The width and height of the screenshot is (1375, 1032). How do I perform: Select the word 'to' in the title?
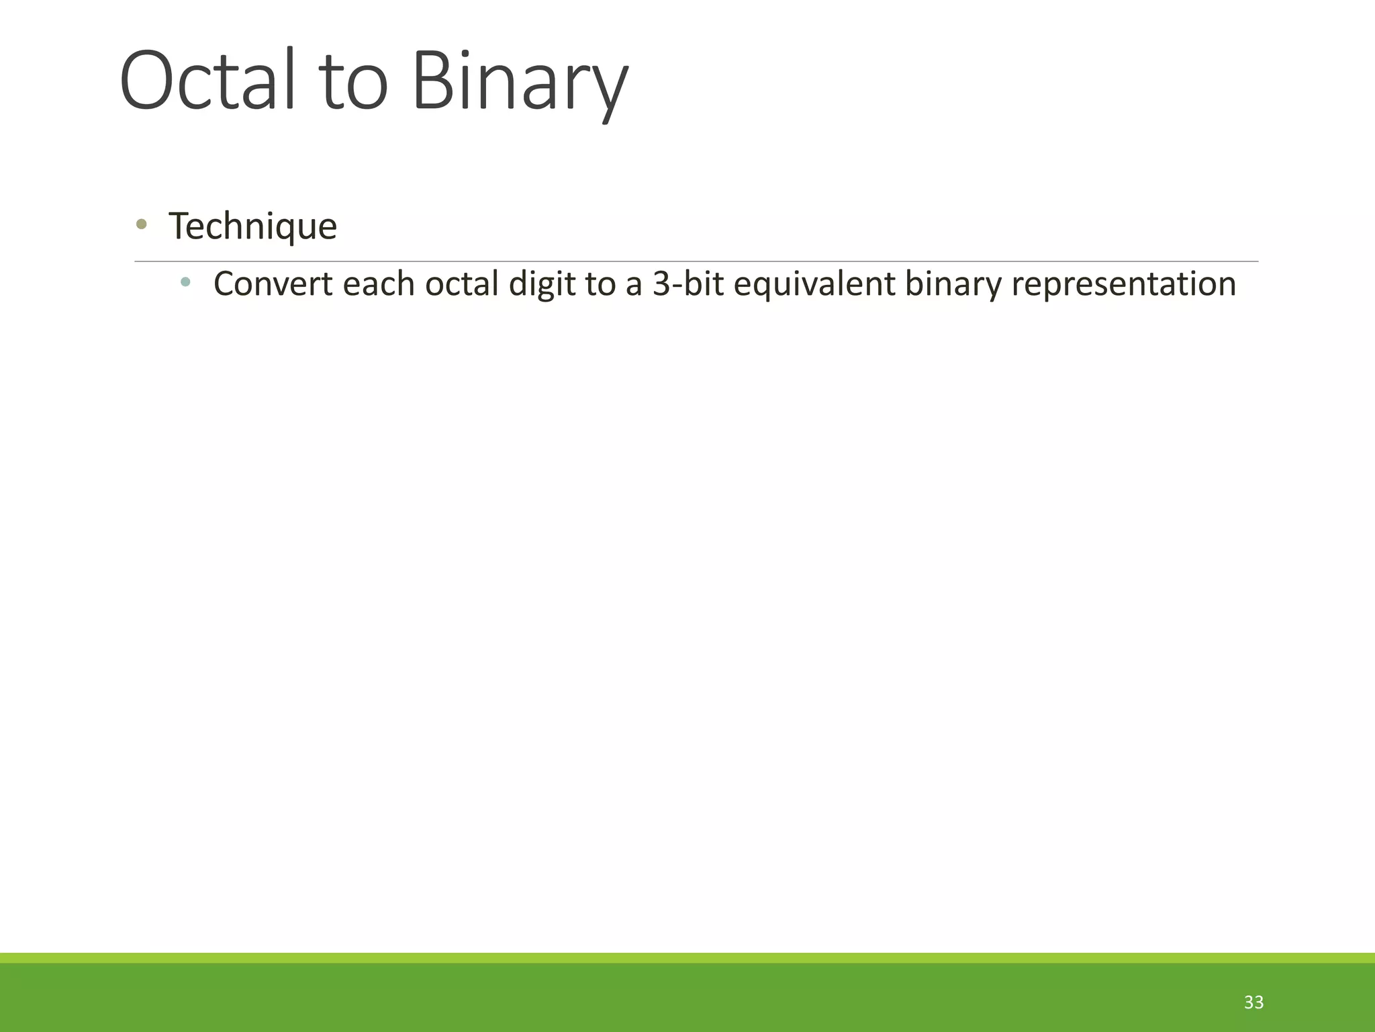(355, 84)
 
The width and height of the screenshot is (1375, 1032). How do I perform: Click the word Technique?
(252, 226)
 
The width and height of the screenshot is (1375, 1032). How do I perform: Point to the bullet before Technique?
(141, 224)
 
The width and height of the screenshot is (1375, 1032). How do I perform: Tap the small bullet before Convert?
(185, 282)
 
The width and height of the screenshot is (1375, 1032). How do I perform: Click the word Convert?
(273, 284)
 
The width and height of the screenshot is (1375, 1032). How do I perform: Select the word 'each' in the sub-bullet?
(379, 284)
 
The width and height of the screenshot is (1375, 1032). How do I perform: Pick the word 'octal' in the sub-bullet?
(462, 284)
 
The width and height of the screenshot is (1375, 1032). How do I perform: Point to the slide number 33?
(1253, 1002)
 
